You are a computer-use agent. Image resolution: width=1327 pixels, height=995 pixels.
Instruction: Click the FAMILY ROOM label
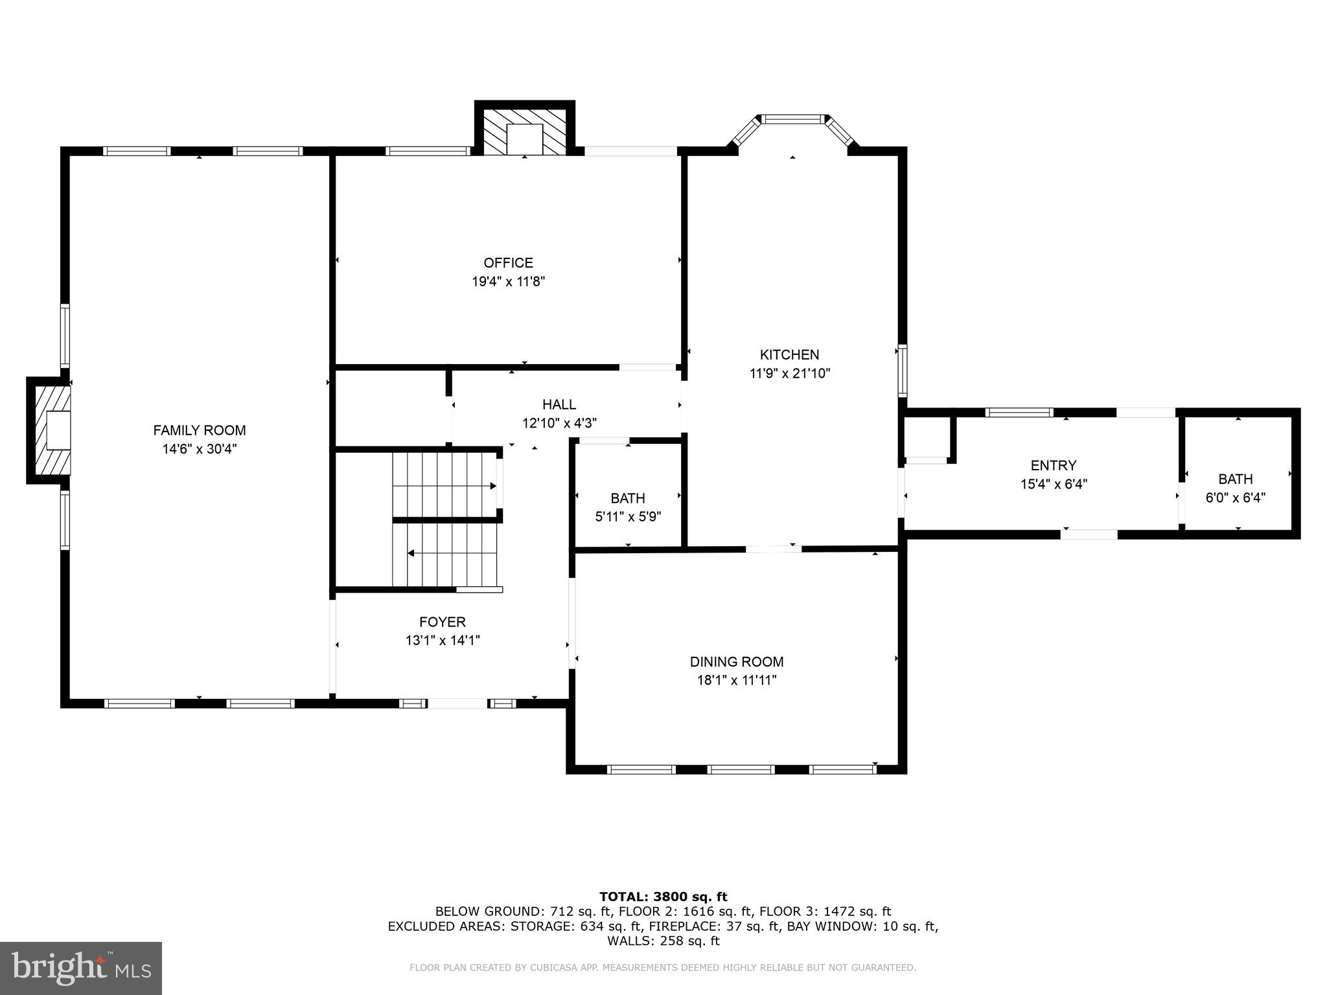point(199,430)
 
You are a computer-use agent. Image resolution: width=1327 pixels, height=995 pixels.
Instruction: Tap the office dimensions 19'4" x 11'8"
point(508,282)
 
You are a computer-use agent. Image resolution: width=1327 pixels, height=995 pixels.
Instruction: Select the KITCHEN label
point(789,354)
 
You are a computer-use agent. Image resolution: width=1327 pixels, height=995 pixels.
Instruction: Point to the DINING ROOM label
point(736,661)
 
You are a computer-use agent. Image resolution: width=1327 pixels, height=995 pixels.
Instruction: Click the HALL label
point(559,405)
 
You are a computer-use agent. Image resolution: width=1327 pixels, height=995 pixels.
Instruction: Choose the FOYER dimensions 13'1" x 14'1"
point(443,641)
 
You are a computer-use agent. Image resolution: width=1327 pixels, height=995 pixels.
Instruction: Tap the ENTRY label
point(1053,465)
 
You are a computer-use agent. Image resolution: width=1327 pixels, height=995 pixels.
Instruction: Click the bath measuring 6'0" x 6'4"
point(1235,488)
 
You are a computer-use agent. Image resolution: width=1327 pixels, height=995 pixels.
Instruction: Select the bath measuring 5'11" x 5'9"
point(627,507)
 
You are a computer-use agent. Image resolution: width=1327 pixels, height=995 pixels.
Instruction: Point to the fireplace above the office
point(524,132)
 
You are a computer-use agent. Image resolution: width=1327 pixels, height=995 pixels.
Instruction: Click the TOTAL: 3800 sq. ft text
point(663,897)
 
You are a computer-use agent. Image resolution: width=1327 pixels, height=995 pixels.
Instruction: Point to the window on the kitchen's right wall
point(902,371)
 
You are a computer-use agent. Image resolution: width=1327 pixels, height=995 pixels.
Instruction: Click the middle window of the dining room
point(741,770)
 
